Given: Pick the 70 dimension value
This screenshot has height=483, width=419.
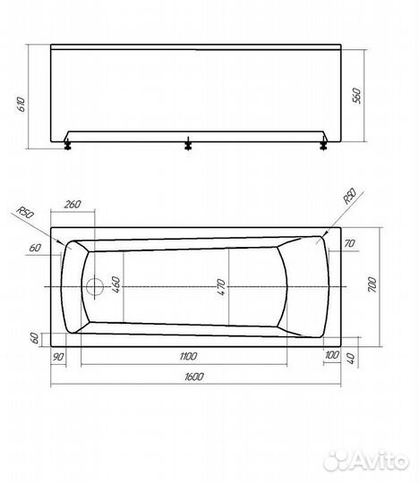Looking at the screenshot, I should [350, 242].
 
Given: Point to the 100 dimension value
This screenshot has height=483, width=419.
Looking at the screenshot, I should [334, 356].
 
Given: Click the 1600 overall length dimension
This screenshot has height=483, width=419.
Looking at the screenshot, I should [191, 379].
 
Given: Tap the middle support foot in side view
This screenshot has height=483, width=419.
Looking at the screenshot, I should [189, 143].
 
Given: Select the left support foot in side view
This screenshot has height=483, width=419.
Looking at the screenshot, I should [69, 143].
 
